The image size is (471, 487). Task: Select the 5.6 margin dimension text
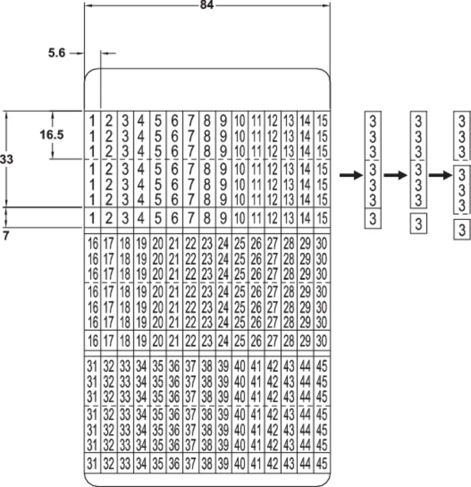(57, 53)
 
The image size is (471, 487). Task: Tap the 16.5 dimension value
(52, 135)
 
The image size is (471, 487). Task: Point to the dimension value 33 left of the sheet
(7, 159)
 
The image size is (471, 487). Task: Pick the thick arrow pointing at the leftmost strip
(351, 175)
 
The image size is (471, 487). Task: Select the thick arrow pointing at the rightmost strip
(440, 175)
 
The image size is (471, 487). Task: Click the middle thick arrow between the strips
(395, 175)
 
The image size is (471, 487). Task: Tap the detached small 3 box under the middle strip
(419, 225)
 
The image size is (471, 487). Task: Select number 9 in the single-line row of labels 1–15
(223, 218)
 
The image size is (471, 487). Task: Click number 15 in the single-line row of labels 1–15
(322, 218)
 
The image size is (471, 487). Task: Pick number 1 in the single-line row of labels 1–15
(92, 218)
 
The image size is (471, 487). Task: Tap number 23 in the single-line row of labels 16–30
(207, 340)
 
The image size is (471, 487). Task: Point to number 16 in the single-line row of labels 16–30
(92, 340)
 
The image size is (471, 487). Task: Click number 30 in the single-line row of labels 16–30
(322, 340)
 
